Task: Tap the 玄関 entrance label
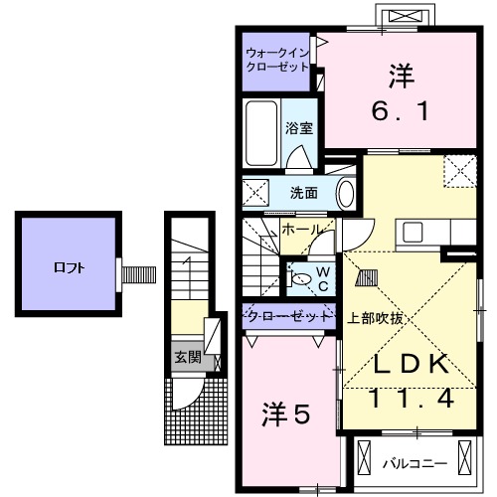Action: (x=186, y=357)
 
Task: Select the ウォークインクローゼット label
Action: (x=278, y=61)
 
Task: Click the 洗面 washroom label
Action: (x=303, y=193)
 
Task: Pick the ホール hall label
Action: (x=300, y=229)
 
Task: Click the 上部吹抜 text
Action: (x=375, y=319)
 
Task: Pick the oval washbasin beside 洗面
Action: (x=346, y=193)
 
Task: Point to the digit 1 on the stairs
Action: (x=186, y=263)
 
